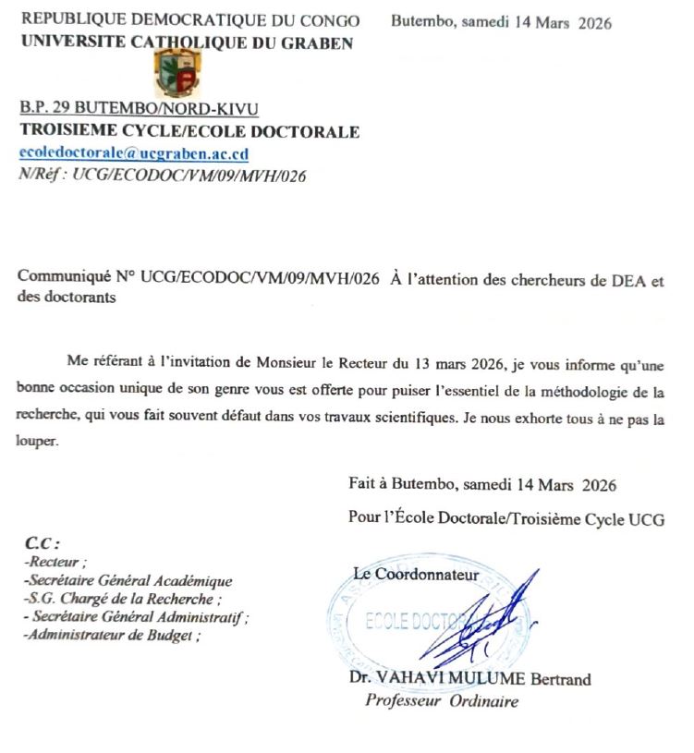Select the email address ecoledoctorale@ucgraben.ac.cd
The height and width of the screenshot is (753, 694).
[134, 153]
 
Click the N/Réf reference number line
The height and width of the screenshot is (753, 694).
[162, 173]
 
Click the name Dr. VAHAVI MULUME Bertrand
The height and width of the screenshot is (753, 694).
[470, 680]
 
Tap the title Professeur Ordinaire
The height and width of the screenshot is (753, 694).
[442, 700]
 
